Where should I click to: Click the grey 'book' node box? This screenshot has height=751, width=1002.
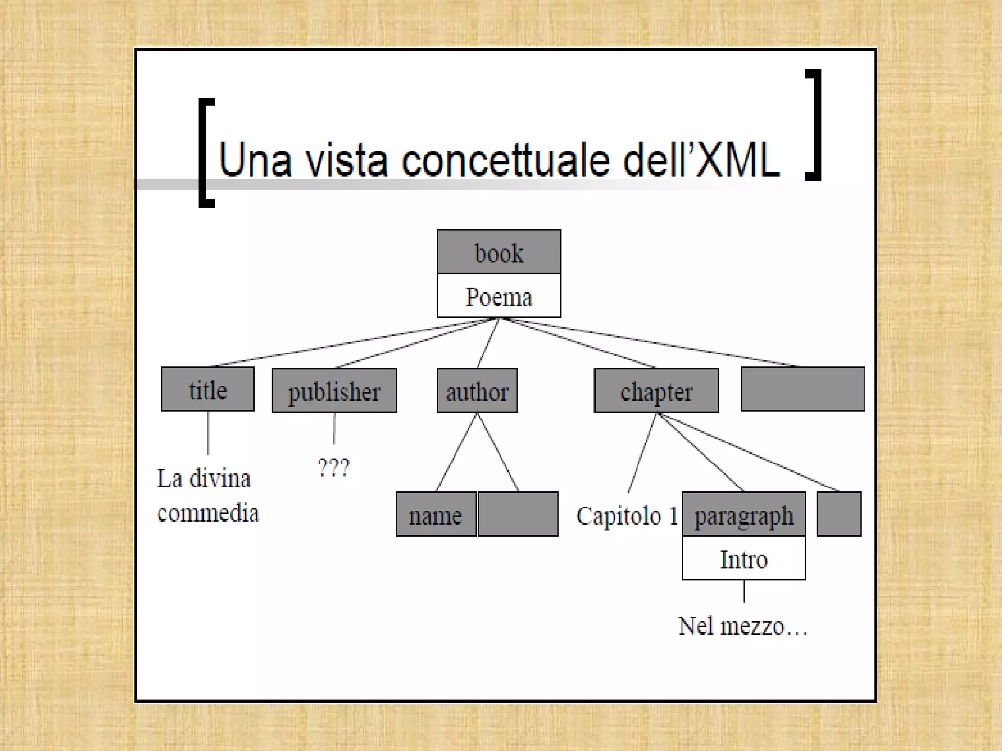click(499, 252)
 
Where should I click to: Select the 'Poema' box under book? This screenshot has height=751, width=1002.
click(499, 296)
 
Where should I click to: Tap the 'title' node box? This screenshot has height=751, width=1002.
click(208, 389)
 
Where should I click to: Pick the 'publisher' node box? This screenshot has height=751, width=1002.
click(334, 391)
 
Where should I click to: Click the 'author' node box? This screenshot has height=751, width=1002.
click(477, 391)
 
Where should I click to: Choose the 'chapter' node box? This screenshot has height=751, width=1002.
click(657, 391)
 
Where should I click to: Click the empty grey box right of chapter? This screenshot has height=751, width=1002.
click(803, 389)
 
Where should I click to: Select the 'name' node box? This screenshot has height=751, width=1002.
click(436, 514)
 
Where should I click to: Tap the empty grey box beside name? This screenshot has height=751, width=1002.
click(518, 514)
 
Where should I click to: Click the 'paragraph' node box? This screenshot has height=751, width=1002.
click(744, 514)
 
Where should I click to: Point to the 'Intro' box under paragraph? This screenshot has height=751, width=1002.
click(744, 558)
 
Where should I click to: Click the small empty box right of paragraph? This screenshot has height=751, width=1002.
click(839, 514)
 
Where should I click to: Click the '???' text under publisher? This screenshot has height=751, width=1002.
click(334, 467)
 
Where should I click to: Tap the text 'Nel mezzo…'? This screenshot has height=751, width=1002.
click(742, 626)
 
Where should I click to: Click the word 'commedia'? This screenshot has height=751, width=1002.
click(208, 513)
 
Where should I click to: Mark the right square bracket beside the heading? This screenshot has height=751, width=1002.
click(814, 125)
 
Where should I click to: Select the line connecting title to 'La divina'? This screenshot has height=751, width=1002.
click(208, 433)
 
